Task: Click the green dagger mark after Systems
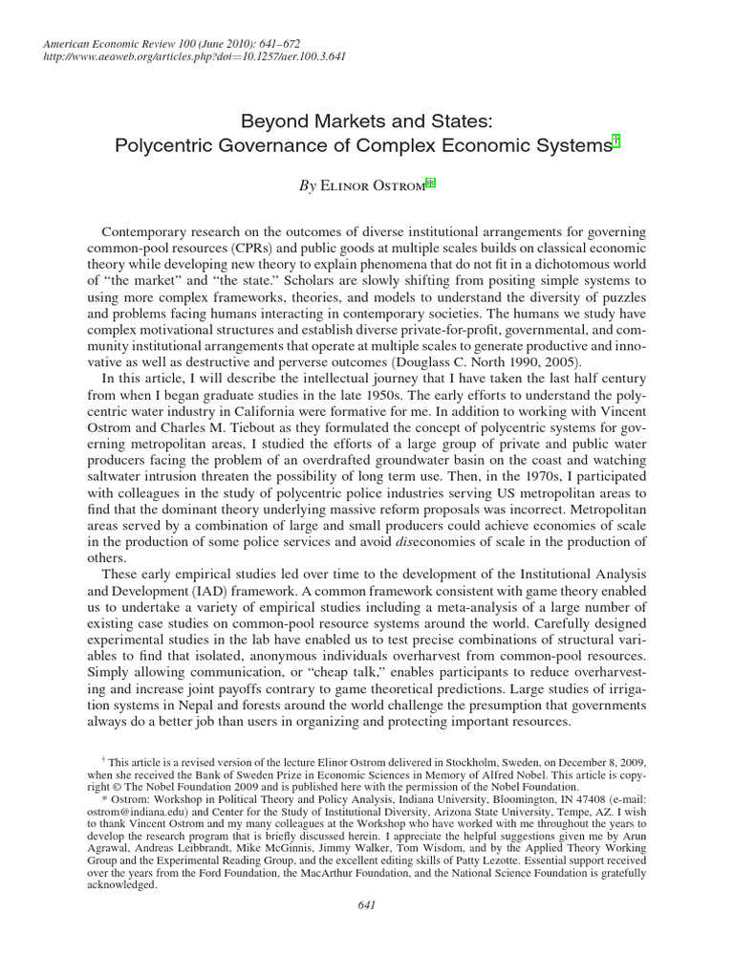pyautogui.click(x=616, y=142)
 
